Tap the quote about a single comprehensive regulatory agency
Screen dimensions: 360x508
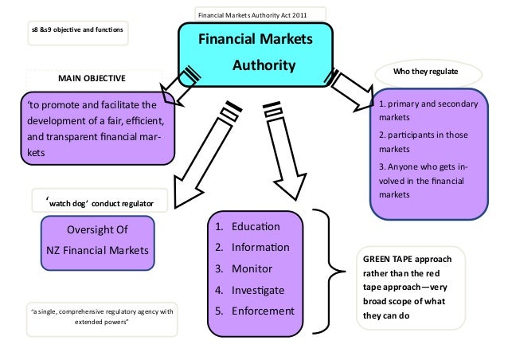click(102, 317)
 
